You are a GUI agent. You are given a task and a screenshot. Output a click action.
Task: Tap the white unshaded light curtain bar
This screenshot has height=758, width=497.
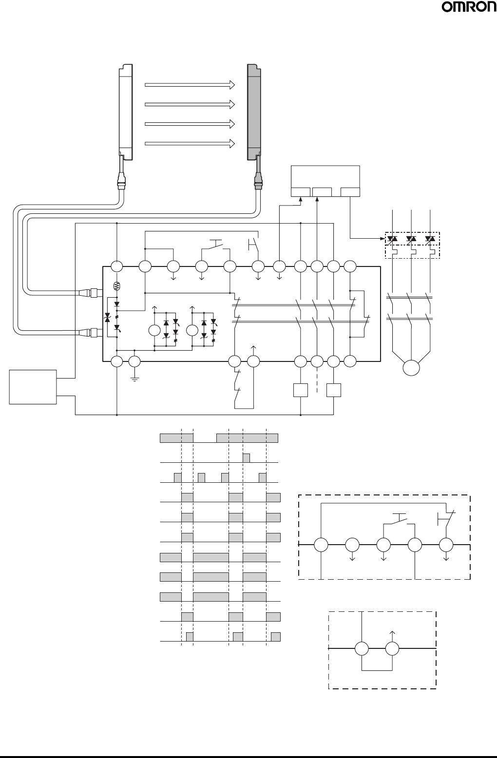(x=126, y=112)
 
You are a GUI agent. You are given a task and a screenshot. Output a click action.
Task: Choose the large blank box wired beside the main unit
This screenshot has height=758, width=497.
(x=33, y=387)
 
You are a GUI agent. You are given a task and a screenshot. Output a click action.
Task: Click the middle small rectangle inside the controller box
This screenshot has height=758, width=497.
(x=322, y=192)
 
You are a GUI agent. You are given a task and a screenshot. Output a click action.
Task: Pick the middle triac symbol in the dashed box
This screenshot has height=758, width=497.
(x=412, y=239)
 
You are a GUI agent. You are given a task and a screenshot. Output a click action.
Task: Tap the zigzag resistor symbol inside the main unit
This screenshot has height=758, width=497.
(x=116, y=286)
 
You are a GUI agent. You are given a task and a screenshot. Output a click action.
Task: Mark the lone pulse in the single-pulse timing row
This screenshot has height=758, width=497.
(x=247, y=458)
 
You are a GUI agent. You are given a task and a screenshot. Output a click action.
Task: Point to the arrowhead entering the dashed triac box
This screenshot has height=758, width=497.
(x=383, y=239)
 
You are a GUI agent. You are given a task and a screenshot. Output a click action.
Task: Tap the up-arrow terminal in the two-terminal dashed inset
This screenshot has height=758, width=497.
(x=392, y=649)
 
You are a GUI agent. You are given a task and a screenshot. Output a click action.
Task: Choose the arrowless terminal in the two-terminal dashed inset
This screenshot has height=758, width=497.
(x=362, y=649)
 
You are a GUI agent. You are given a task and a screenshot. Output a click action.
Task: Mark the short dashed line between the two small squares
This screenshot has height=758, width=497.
(x=317, y=382)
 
